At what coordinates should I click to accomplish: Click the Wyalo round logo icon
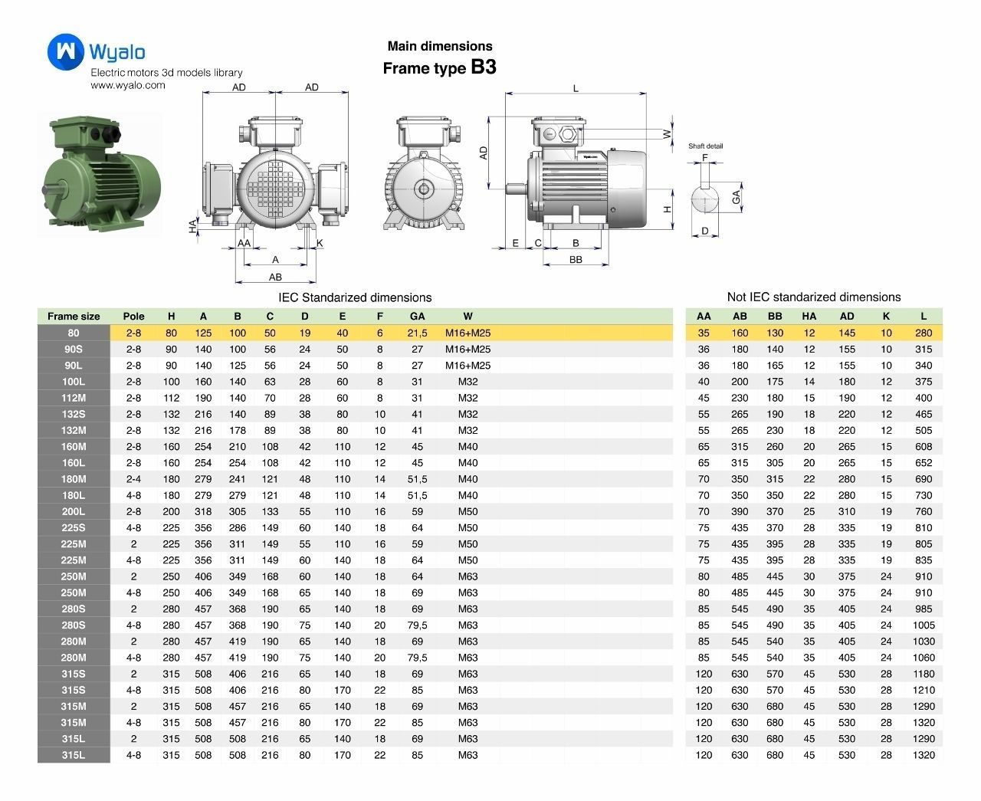coord(66,51)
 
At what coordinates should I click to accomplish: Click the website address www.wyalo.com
coord(128,85)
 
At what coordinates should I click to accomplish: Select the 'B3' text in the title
coord(483,67)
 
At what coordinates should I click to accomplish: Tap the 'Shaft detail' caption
coord(705,146)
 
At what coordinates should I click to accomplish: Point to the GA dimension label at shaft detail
coord(736,197)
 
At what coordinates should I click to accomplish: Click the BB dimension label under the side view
coord(576,260)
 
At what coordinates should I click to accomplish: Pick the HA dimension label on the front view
coord(193,226)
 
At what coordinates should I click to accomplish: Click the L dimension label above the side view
coord(576,88)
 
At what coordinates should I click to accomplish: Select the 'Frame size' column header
coord(74,316)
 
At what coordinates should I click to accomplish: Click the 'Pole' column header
coord(133,316)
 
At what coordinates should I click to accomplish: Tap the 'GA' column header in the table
coord(417,316)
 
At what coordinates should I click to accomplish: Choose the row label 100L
coord(74,382)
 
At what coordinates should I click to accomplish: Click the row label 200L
coord(74,511)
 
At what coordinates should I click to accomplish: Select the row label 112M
coord(74,398)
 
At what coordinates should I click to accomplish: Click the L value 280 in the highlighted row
coord(924,333)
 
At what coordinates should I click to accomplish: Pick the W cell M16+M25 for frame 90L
coord(468,366)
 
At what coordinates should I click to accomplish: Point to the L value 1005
coord(924,625)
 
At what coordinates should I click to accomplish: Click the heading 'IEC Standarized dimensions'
coord(355,297)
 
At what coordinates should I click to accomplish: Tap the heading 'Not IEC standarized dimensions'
coord(813,297)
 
